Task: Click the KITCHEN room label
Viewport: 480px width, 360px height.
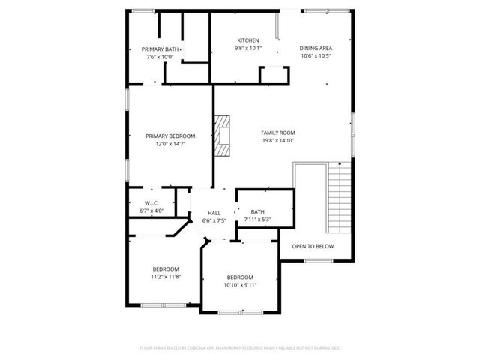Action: [248, 40]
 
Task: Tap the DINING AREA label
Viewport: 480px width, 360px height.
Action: [316, 48]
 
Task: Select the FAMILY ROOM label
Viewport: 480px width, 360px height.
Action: [278, 133]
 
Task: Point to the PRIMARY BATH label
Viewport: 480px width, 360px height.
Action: [160, 49]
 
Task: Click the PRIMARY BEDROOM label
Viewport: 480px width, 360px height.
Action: [170, 136]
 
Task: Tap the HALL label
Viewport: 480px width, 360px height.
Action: [214, 213]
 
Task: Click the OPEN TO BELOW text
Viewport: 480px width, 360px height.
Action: [313, 246]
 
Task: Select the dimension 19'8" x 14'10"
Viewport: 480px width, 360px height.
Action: [278, 140]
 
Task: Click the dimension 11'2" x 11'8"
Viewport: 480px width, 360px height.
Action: [166, 277]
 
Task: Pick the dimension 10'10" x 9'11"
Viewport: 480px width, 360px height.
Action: [240, 284]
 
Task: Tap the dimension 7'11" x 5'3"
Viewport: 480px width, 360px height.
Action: [257, 220]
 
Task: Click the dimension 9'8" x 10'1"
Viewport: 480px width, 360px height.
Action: [248, 48]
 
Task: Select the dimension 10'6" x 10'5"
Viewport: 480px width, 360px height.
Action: [316, 55]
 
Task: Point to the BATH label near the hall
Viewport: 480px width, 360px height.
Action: [257, 212]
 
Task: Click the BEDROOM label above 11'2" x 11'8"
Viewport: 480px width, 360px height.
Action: [166, 269]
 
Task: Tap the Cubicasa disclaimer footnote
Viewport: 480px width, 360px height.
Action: [240, 348]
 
